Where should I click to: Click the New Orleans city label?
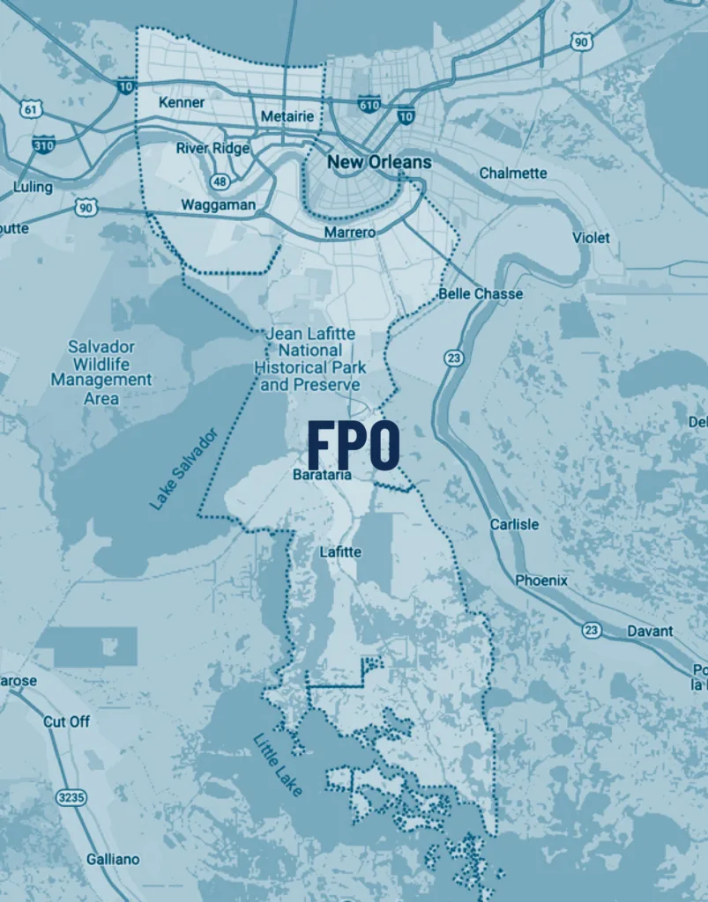[379, 162]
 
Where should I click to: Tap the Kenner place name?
[182, 103]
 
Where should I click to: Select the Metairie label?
[287, 116]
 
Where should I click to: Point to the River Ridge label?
[212, 148]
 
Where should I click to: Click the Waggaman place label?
[218, 205]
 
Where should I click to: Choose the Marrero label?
[349, 232]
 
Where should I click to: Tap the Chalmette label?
[513, 174]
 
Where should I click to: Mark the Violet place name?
[591, 238]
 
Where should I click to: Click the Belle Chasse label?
[481, 293]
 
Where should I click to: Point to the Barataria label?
[322, 475]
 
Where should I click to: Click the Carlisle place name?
[514, 524]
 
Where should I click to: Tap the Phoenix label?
[541, 580]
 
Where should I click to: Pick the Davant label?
[650, 631]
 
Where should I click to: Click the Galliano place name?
[113, 859]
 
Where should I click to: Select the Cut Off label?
[67, 721]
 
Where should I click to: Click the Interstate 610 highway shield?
[369, 105]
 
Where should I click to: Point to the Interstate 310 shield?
[43, 144]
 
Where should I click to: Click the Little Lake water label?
[278, 765]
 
